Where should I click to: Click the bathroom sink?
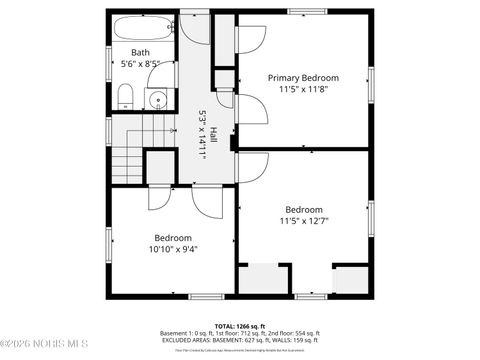pos(157,98)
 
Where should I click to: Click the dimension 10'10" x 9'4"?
pos(172,249)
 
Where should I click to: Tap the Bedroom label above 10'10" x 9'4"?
pos(172,238)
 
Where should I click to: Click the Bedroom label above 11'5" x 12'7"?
pos(303,209)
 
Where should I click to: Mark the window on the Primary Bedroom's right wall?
pos(370,82)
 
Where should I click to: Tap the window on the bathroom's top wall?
pos(140,11)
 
